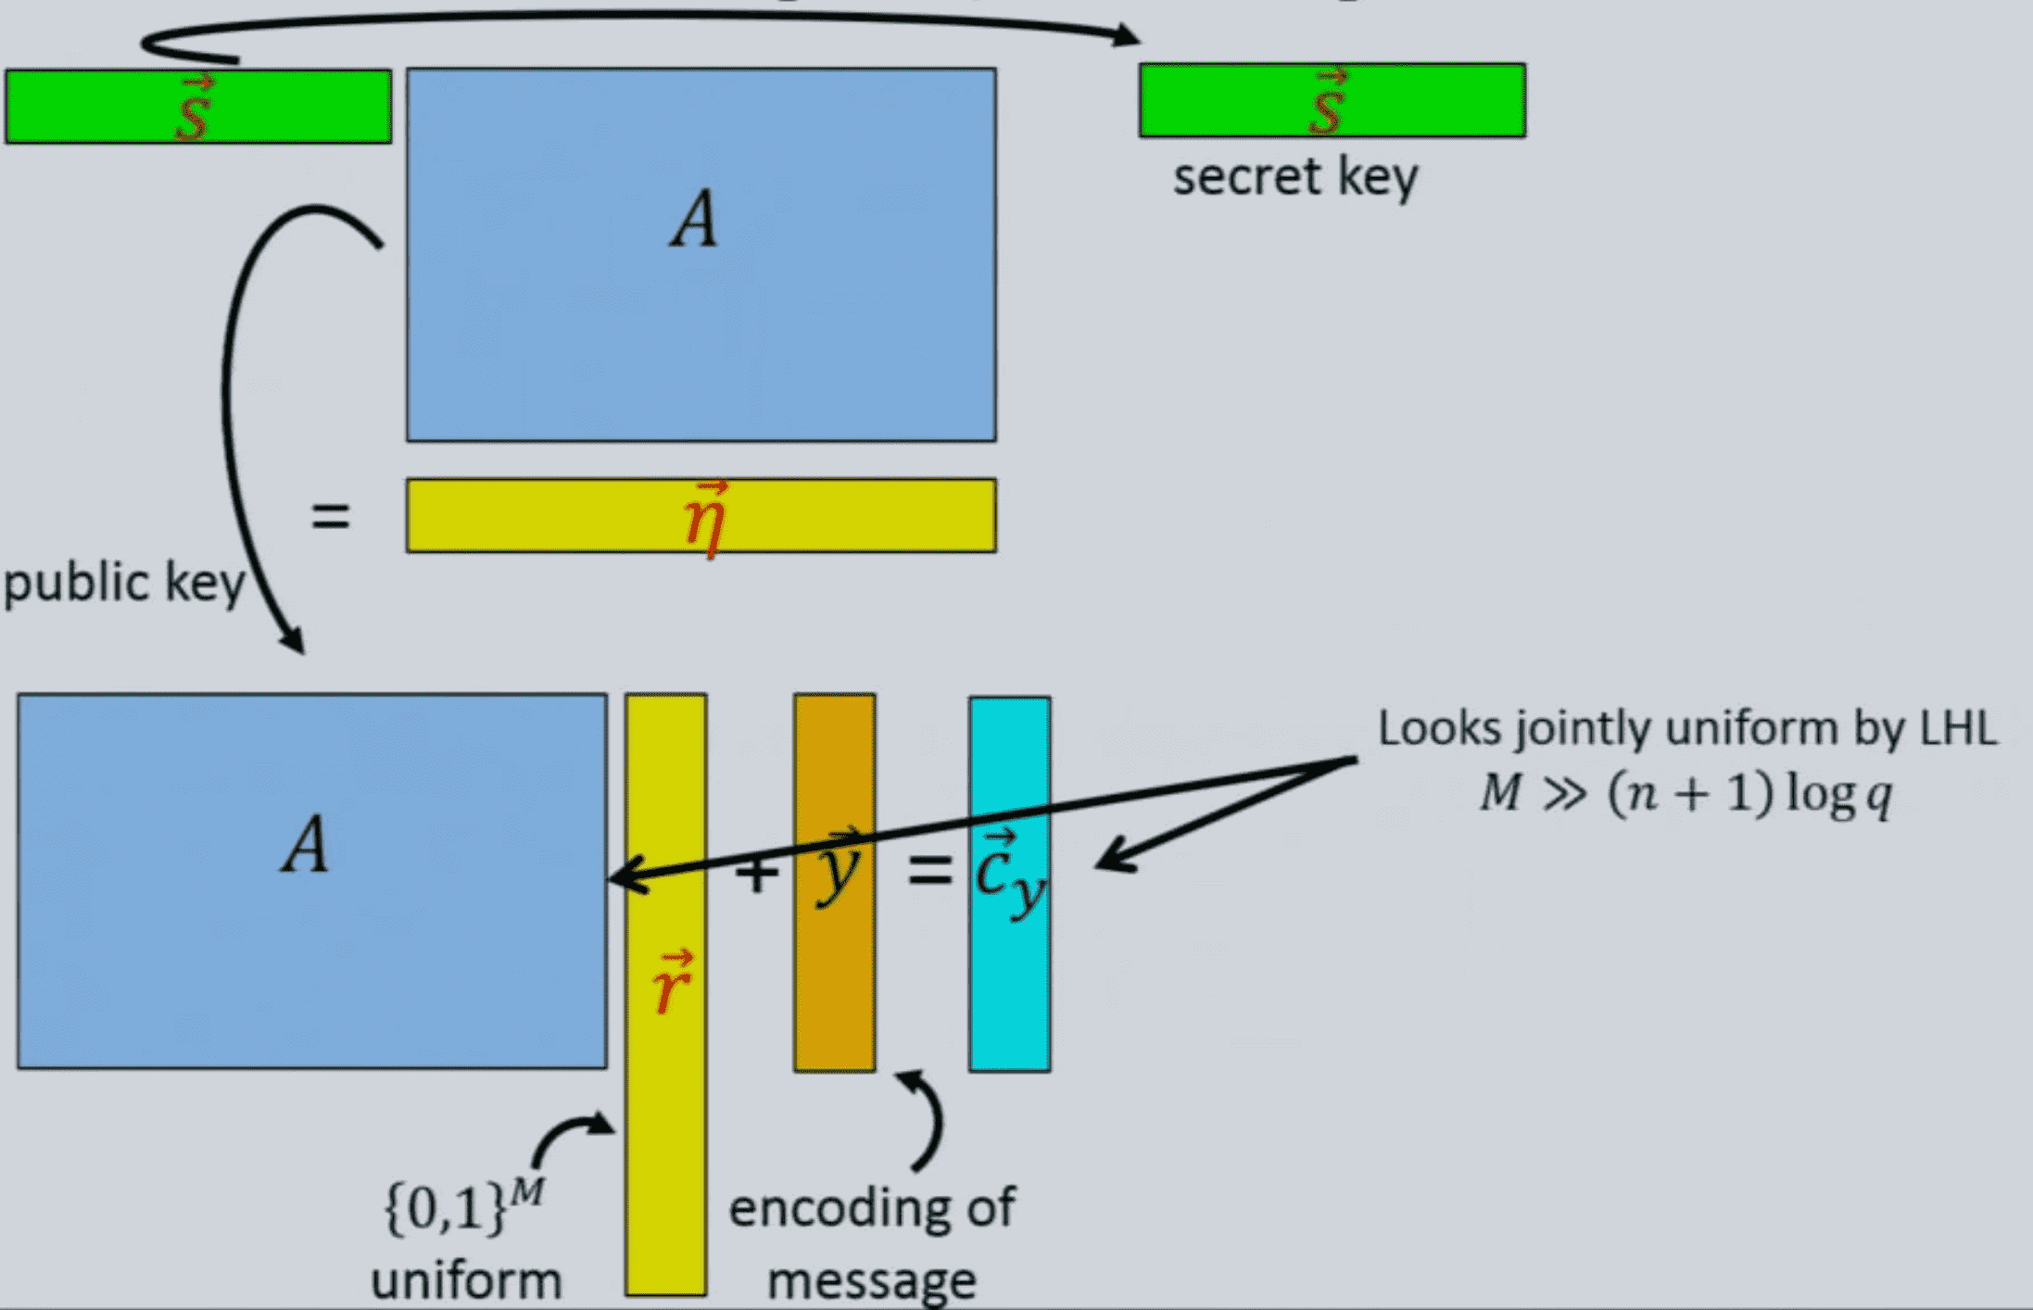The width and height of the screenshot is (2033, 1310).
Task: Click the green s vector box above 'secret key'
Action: coord(1332,100)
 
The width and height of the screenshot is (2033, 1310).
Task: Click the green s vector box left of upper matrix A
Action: coord(197,107)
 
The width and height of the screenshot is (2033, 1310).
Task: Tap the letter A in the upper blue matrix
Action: coord(695,220)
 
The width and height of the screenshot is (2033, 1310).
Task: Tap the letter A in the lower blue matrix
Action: coord(306,845)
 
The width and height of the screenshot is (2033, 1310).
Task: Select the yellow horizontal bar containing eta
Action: coord(556,516)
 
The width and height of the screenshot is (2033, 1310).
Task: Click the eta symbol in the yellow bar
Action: coord(705,519)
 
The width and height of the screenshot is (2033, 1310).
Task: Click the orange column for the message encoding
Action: coord(834,982)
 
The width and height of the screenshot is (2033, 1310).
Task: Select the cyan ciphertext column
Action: coord(1009,991)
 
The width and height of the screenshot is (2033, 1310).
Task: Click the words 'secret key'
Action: coord(1294,177)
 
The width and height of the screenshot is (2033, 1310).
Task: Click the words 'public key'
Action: coord(124,584)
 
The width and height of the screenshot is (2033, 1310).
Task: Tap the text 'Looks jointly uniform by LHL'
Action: coord(1686,728)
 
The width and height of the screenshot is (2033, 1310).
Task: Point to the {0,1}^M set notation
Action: coord(462,1207)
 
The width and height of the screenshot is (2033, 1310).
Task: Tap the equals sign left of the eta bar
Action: coord(331,516)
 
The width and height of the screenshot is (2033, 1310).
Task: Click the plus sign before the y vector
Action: coord(757,875)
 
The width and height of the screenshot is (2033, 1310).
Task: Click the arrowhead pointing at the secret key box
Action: coord(1127,35)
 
